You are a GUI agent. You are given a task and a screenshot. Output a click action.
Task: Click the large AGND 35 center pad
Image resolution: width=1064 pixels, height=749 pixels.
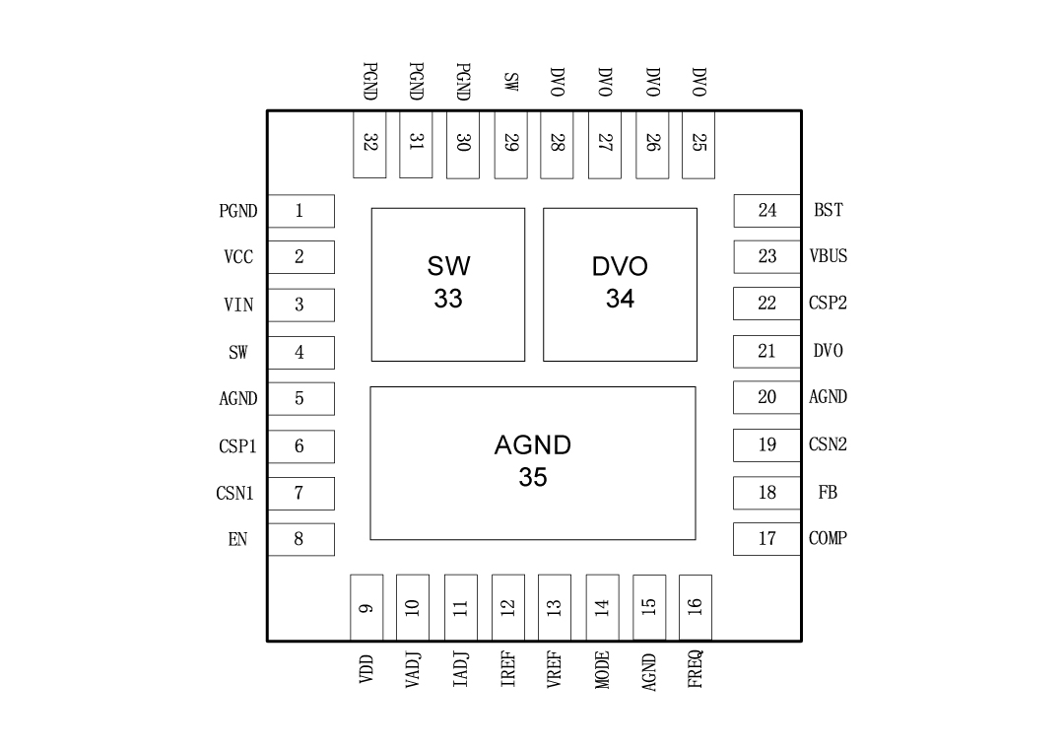(x=532, y=462)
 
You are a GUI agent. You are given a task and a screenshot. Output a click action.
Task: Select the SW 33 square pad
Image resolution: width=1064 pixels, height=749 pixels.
(x=448, y=284)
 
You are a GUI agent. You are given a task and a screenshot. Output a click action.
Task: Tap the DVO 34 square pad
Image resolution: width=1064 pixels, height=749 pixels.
(x=620, y=284)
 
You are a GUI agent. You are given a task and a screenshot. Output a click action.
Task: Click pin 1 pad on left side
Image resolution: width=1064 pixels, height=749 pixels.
(x=300, y=210)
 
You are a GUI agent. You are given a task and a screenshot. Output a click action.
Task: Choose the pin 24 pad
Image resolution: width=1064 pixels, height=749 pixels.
(x=766, y=210)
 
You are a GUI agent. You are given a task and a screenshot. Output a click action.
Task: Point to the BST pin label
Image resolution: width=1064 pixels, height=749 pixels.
(x=828, y=210)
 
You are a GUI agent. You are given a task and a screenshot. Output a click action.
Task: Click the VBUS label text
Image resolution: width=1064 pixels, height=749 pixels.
(x=828, y=256)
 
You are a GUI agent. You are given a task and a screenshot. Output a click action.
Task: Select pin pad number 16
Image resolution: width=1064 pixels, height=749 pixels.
(x=696, y=607)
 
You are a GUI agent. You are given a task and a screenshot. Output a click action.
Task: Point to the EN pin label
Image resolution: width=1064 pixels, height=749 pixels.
(x=237, y=540)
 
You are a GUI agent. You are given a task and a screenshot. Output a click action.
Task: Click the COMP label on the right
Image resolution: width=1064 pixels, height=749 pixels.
(x=828, y=538)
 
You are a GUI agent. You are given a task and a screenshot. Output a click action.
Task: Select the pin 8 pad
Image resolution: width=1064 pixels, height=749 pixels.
(x=300, y=539)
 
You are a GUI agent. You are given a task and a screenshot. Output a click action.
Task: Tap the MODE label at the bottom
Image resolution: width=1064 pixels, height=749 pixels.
(x=602, y=669)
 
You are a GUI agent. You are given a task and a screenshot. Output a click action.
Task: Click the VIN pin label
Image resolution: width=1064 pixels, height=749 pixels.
(x=238, y=305)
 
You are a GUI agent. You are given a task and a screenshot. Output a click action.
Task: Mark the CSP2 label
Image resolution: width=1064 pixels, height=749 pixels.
(x=828, y=304)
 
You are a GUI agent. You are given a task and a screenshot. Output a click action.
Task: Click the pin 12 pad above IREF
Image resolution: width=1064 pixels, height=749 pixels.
(x=507, y=607)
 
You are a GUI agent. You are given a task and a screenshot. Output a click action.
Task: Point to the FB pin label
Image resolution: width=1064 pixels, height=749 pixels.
(x=828, y=492)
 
